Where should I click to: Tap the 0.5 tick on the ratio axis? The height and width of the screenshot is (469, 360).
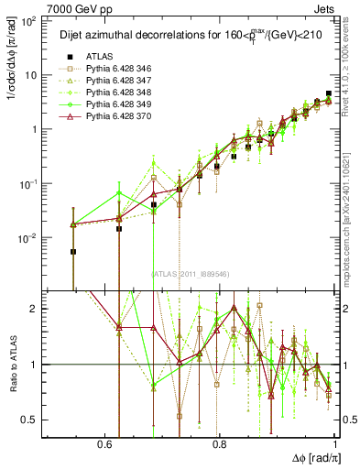tap(29, 420)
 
